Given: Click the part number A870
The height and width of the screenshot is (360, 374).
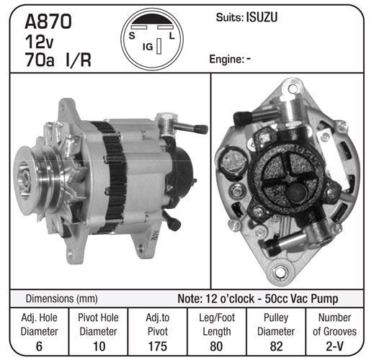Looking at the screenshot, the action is pos(48,22).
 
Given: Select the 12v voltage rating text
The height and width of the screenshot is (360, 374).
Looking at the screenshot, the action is pos(39,42).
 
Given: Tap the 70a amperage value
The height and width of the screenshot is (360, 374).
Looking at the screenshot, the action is pos(40,60).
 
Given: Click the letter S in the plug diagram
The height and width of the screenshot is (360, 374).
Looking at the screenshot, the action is pos(132,36).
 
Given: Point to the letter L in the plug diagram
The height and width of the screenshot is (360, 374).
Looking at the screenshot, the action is pos(172,36).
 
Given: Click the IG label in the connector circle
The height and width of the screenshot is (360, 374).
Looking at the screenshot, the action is pos(148,47).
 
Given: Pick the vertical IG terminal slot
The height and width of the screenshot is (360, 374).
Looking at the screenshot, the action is pos(159,46).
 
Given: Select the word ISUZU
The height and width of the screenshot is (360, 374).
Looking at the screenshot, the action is pos(262,17).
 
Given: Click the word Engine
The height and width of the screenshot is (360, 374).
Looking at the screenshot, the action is pos(226,59).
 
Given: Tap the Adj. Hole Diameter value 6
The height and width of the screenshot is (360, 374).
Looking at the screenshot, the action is pos(39,346).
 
